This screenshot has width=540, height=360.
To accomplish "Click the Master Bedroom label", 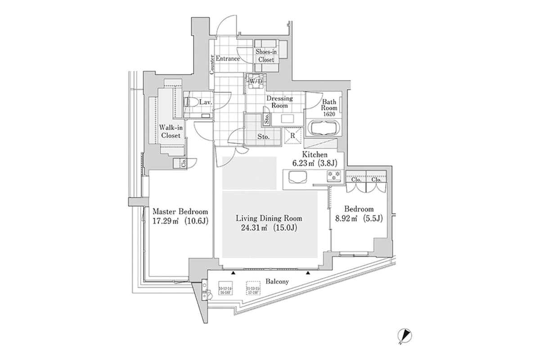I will tap(180, 211).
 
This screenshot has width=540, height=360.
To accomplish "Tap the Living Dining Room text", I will tap(269, 218).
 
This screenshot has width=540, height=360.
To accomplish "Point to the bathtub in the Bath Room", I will tap(323, 128).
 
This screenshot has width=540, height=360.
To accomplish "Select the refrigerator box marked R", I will tap(292, 135).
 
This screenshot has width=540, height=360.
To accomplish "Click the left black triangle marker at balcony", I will tap(233, 273).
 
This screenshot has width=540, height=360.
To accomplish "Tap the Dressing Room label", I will tap(279, 102).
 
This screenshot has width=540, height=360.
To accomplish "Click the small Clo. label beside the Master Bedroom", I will tap(184, 163).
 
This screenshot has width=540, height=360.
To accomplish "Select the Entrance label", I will tap(228, 58).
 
